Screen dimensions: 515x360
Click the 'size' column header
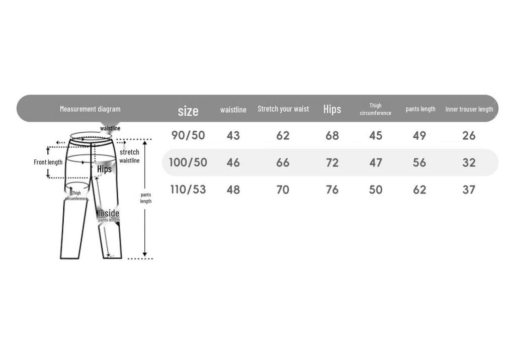tap(188, 111)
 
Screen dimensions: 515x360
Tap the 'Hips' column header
tap(332, 110)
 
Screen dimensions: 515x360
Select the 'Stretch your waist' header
tap(283, 109)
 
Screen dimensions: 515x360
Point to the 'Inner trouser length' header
tap(469, 109)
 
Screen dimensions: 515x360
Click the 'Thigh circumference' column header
tap(375, 109)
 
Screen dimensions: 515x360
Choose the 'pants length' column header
tap(420, 109)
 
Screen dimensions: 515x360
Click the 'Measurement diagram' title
tap(90, 109)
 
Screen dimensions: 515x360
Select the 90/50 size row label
tap(188, 135)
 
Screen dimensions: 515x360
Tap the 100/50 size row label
tap(188, 162)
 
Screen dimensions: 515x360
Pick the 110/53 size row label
tap(188, 190)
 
